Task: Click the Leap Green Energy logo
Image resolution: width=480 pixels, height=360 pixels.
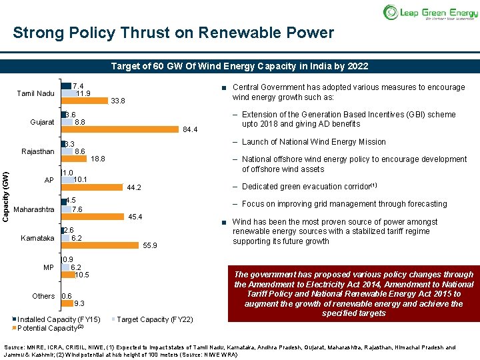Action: (x=430, y=12)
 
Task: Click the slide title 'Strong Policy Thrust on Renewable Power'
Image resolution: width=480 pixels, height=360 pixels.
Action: (x=173, y=33)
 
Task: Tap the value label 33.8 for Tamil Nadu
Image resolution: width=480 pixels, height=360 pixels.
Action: (x=119, y=101)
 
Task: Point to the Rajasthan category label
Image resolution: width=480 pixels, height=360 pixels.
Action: (x=38, y=151)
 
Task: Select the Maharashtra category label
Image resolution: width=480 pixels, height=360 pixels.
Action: (x=34, y=210)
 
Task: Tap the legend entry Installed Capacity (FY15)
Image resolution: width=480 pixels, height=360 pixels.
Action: (x=59, y=319)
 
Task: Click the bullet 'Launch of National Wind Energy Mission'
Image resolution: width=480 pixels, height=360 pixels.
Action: (x=313, y=142)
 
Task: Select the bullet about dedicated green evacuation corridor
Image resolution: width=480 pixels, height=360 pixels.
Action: (x=310, y=187)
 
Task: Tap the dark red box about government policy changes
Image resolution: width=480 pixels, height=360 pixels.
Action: (x=353, y=293)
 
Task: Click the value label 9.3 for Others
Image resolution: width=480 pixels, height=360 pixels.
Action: (x=67, y=304)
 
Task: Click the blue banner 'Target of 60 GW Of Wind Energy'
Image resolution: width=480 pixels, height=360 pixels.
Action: (x=239, y=67)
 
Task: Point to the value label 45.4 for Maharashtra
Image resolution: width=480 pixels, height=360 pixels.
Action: (x=135, y=217)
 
